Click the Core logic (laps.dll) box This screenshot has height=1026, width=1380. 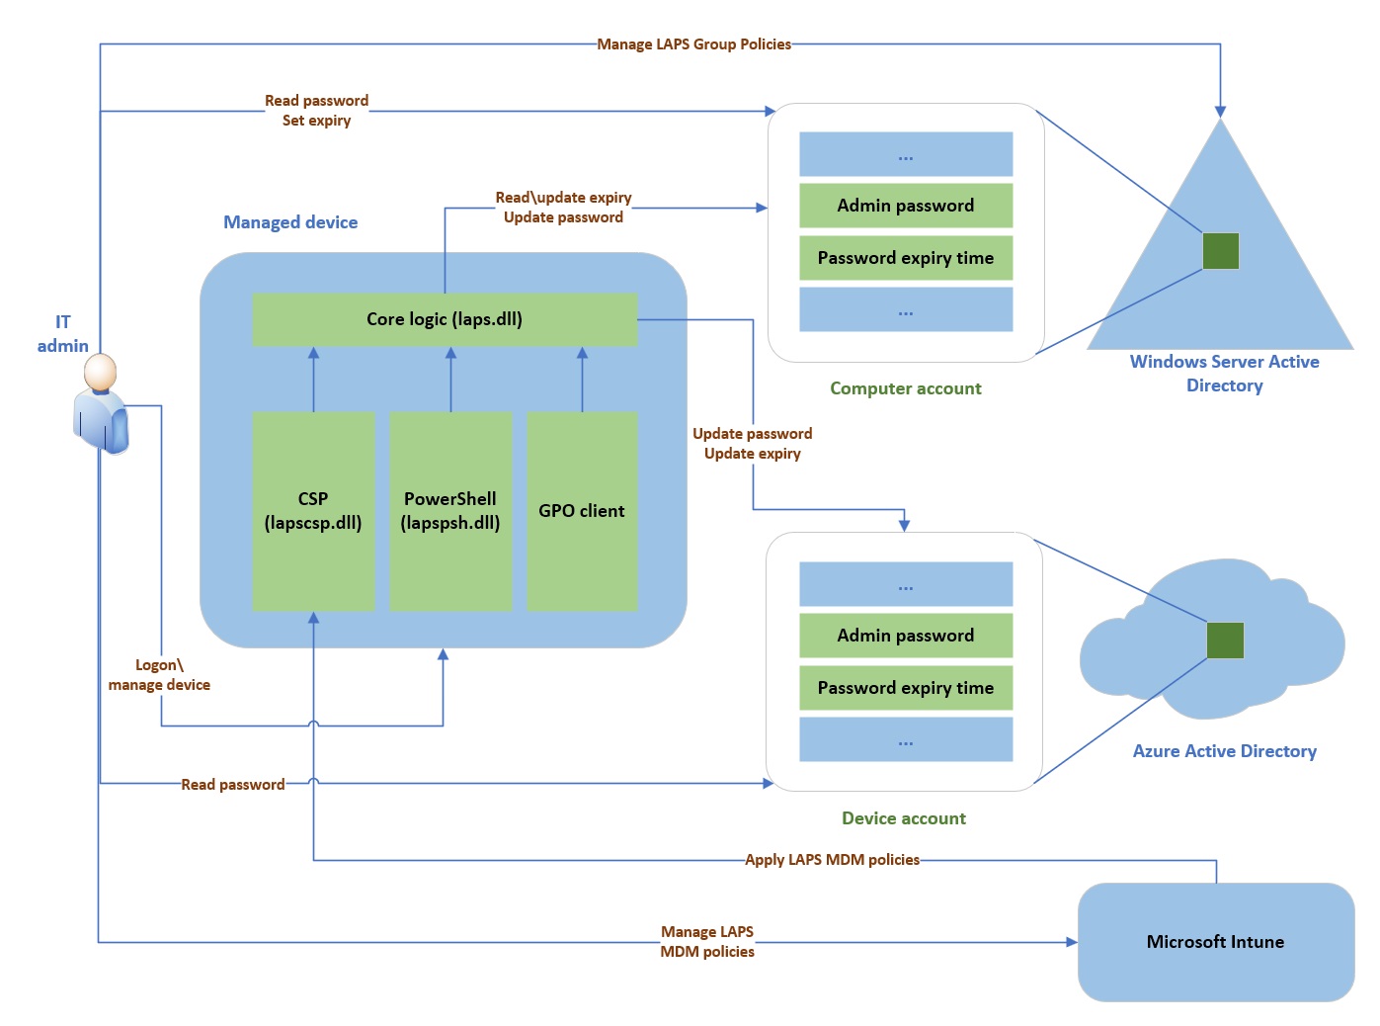pyautogui.click(x=445, y=319)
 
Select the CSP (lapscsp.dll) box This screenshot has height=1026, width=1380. pyautogui.click(x=313, y=511)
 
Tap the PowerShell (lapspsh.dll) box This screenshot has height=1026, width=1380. pyautogui.click(x=450, y=511)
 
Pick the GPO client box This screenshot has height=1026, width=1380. pyautogui.click(x=582, y=511)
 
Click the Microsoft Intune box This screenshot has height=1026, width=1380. pyautogui.click(x=1215, y=942)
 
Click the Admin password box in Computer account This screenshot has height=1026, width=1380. pyautogui.click(x=905, y=206)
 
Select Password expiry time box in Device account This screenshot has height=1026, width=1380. pyautogui.click(x=905, y=688)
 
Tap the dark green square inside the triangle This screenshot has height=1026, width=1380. pyautogui.click(x=1220, y=251)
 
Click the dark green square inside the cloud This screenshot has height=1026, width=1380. pyautogui.click(x=1225, y=641)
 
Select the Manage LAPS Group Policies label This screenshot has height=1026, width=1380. pyautogui.click(x=693, y=44)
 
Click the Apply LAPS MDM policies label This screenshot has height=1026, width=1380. pyautogui.click(x=832, y=860)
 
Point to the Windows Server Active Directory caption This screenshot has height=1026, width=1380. pyautogui.click(x=1224, y=374)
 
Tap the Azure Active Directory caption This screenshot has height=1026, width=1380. pyautogui.click(x=1224, y=751)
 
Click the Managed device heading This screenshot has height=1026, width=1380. pyautogui.click(x=290, y=222)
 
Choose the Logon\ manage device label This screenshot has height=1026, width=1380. pyautogui.click(x=159, y=675)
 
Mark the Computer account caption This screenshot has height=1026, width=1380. pyautogui.click(x=905, y=388)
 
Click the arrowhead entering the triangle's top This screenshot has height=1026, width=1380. pyautogui.click(x=1220, y=111)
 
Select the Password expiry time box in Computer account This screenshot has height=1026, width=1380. pyautogui.click(x=905, y=258)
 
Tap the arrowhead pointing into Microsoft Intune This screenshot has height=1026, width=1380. pyautogui.click(x=1071, y=942)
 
